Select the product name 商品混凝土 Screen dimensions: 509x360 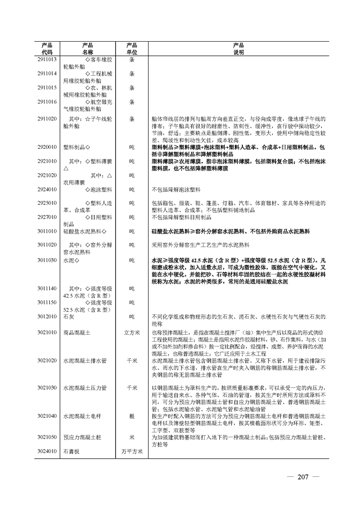click(77, 333)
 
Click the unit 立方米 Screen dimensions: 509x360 click(132, 333)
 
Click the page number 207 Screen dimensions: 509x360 click(303, 477)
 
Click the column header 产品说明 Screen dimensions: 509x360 click(238, 49)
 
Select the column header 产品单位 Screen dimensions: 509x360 click(132, 49)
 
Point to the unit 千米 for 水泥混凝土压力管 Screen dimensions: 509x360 click(132, 388)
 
